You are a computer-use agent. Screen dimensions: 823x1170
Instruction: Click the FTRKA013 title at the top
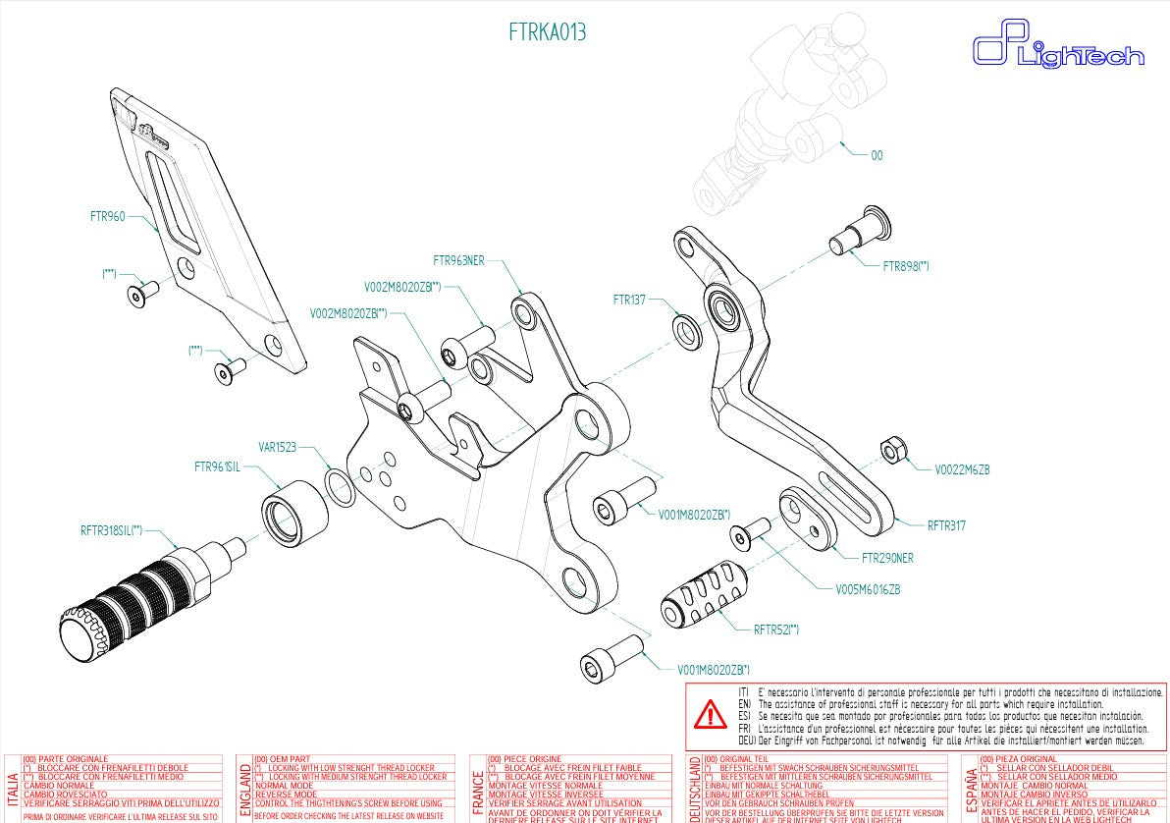tap(548, 32)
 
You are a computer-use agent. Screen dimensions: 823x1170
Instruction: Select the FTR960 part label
tap(108, 217)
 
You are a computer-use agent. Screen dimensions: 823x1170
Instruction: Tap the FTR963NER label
tap(458, 261)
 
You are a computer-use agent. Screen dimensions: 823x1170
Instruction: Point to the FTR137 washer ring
tap(687, 330)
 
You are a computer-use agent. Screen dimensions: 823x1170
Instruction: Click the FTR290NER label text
tap(887, 558)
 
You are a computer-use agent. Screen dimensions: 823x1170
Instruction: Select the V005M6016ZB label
tap(868, 589)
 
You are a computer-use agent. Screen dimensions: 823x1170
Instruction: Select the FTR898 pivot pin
tap(859, 231)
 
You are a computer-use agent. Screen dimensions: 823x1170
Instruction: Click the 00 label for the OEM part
tap(877, 155)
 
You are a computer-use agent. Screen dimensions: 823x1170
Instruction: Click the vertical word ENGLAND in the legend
tap(244, 789)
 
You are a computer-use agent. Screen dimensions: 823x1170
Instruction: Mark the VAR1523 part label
tap(277, 446)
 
